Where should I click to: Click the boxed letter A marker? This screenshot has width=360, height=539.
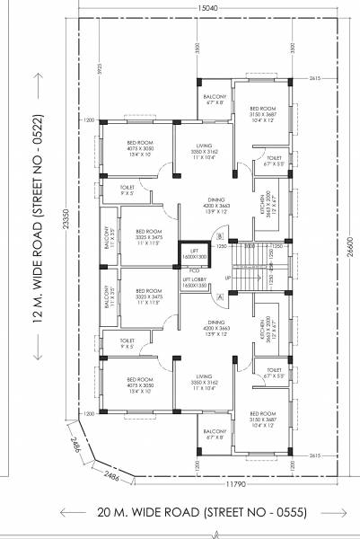(220, 297)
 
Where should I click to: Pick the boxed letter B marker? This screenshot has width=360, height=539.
(220, 236)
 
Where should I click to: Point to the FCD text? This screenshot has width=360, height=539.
(193, 269)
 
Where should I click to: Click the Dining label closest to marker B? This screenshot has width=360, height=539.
(202, 205)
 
